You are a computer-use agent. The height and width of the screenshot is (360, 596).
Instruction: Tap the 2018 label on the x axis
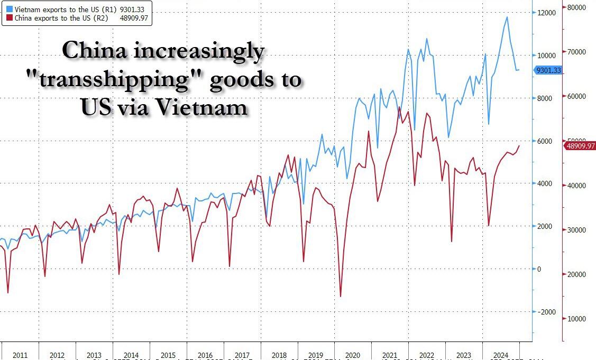tap(279, 355)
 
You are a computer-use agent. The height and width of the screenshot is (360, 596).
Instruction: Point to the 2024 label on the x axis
tap(500, 355)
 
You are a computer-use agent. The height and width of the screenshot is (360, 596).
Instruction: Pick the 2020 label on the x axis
tap(353, 355)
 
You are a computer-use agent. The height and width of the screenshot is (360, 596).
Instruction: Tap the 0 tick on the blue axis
tap(539, 269)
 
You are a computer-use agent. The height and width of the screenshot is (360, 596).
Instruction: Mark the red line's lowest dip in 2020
tap(341, 297)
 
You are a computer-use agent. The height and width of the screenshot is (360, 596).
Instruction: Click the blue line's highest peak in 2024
tap(507, 17)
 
